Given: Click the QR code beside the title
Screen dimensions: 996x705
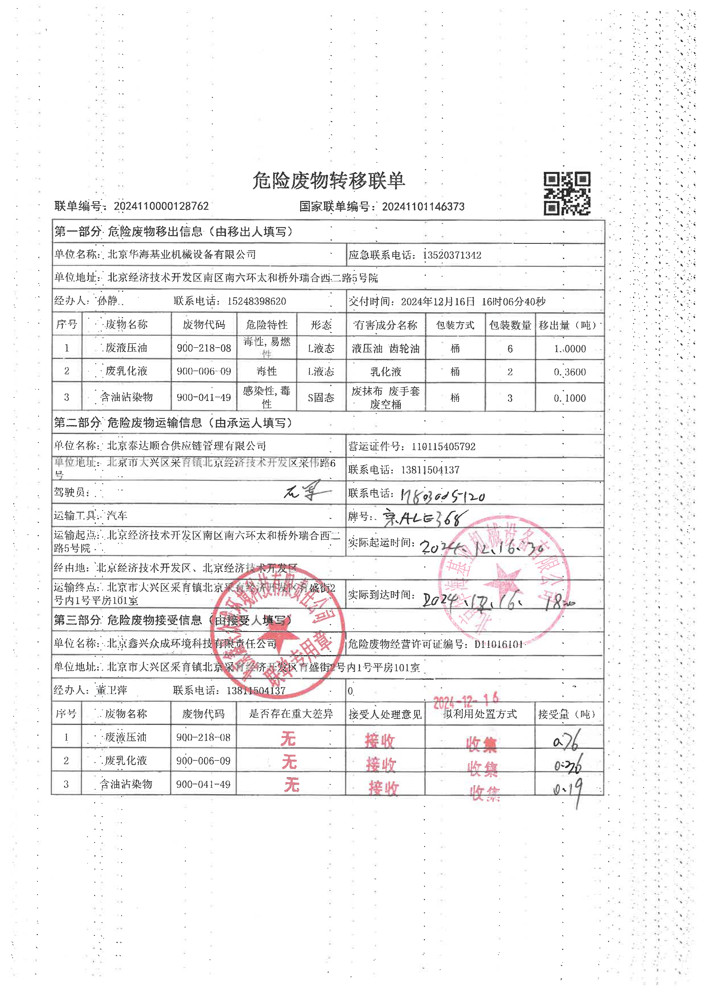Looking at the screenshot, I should pyautogui.click(x=567, y=194).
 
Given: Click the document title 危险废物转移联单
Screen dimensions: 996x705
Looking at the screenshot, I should pyautogui.click(x=329, y=180).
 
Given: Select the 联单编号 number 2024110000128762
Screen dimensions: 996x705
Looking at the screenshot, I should pyautogui.click(x=161, y=206).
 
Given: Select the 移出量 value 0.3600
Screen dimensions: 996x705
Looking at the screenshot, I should pyautogui.click(x=570, y=372).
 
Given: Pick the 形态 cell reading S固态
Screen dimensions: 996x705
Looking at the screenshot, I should pyautogui.click(x=321, y=398).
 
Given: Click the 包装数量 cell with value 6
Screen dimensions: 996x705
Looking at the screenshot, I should pyautogui.click(x=510, y=348).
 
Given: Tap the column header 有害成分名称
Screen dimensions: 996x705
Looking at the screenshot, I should pyautogui.click(x=385, y=325).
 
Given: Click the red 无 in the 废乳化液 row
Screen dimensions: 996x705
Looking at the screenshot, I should pyautogui.click(x=289, y=762).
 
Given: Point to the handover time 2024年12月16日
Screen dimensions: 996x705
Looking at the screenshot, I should pyautogui.click(x=437, y=301).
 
